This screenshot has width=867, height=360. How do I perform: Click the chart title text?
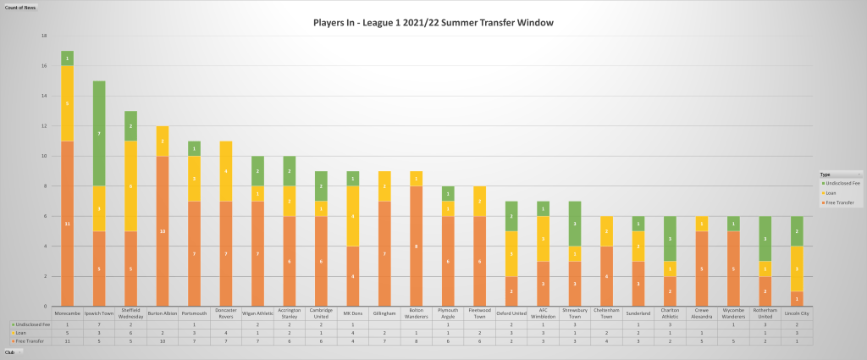[x=433, y=22]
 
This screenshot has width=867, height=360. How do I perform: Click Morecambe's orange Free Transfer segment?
[x=67, y=223]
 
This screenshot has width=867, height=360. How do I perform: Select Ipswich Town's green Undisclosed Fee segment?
[x=99, y=133]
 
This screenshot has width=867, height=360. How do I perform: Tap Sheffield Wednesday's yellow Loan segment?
[x=130, y=186]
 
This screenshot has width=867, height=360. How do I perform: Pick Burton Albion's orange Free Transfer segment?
[x=163, y=230]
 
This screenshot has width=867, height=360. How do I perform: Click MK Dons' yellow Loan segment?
[x=352, y=216]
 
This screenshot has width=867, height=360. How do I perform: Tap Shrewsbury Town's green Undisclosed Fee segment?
[x=574, y=224]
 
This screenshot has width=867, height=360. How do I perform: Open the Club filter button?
[x=11, y=351]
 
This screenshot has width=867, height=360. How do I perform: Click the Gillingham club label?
[x=384, y=313]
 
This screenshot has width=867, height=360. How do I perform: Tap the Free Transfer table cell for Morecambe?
[x=67, y=341]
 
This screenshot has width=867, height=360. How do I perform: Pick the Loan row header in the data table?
[x=19, y=333]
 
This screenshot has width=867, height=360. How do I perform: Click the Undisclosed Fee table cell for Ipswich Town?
[x=99, y=324]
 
